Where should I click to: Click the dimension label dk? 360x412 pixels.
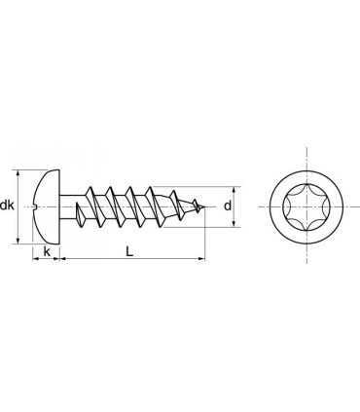coord(7,206)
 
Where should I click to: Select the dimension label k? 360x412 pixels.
coord(47,251)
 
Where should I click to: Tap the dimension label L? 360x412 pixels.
coord(129,251)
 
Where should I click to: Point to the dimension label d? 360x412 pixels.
coord(228,206)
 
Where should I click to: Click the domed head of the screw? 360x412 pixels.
coord(47,206)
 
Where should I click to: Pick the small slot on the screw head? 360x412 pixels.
coord(36,206)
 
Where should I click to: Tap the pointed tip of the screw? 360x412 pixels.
coord(204,206)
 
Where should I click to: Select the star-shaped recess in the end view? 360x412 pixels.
coord(306,206)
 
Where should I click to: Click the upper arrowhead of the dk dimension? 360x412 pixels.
coord(18,173)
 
